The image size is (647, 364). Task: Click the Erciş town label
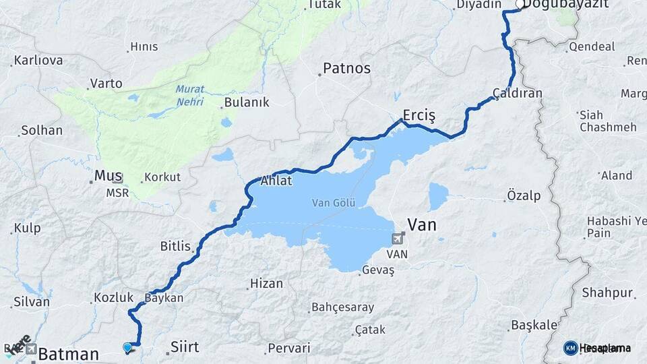point(419,115)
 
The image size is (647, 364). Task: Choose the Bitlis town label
point(175,246)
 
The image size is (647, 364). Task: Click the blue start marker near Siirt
point(127,347)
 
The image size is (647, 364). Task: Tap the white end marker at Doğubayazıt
point(520,5)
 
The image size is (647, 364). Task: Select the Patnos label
point(346,68)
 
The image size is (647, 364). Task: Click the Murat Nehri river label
point(189,95)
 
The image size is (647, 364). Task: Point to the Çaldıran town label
point(517,93)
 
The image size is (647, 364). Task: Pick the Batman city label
point(69,354)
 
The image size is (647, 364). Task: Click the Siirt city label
point(185,347)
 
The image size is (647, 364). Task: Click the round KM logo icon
point(570,348)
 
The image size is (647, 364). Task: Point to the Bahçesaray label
point(342,307)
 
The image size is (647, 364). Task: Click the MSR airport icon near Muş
point(118,178)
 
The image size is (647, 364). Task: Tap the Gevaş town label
point(377,270)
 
